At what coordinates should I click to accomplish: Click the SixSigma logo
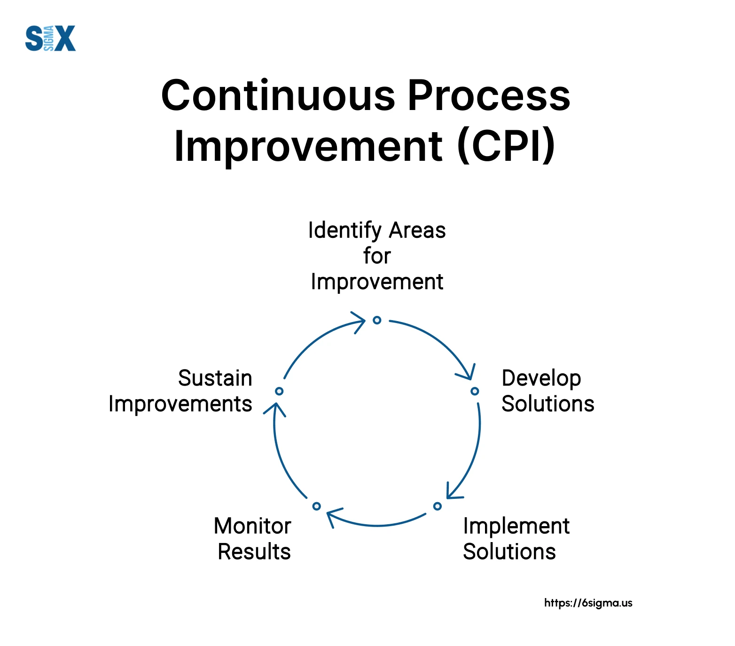pos(50,38)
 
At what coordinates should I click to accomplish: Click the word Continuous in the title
pos(279,95)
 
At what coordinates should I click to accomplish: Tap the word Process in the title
pos(489,95)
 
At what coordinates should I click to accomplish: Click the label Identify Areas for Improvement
pos(377,256)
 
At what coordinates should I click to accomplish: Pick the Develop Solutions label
pos(548,391)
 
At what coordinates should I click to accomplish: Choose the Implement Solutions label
pos(516,539)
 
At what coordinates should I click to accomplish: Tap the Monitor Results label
pos(253,539)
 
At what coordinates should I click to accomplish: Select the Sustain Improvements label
pos(180,391)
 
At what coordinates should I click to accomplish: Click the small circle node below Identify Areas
pos(377,320)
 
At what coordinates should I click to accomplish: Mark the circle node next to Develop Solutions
pos(475,391)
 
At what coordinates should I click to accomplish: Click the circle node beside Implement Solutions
pos(438,506)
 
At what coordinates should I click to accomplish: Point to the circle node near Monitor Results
pos(316,506)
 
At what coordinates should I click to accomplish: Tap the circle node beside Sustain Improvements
pos(279,391)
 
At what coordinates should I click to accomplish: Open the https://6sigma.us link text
pos(588,603)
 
